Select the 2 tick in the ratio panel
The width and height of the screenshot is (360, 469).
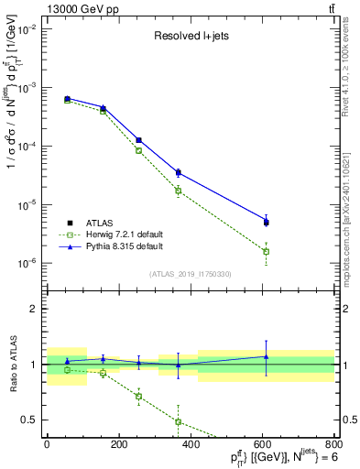[34, 309]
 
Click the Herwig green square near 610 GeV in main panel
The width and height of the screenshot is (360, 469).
[266, 251]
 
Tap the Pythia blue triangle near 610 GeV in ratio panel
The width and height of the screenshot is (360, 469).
[266, 356]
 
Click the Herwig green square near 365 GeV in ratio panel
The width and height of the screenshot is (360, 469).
[178, 421]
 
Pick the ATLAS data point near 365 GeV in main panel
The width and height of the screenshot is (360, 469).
[178, 172]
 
